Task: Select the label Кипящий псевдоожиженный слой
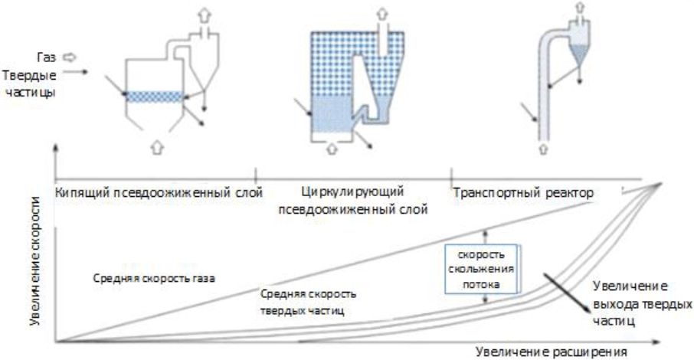[x=159, y=191]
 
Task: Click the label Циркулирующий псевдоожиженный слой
[x=352, y=199]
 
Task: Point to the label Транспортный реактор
[x=523, y=191]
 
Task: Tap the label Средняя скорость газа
[x=153, y=278]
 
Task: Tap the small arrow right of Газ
[x=67, y=56]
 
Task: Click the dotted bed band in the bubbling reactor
[x=153, y=97]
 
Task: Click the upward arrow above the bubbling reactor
[x=203, y=12]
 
